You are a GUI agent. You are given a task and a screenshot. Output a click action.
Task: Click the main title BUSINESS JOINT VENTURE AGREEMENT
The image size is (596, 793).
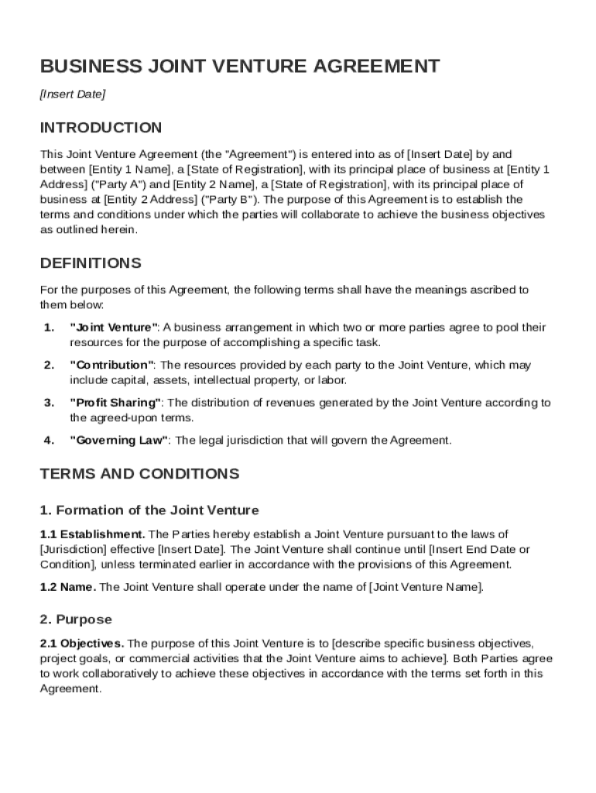pos(240,67)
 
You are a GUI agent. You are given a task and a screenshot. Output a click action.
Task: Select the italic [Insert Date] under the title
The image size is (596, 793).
pos(72,94)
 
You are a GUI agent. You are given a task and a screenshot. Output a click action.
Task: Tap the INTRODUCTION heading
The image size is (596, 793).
pos(101,128)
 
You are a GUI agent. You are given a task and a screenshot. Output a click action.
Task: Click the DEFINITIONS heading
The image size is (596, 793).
pos(91,263)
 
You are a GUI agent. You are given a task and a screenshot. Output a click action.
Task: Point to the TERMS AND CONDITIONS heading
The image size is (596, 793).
pos(139,474)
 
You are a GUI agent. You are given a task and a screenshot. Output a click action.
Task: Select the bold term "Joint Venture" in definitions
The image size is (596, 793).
pos(114,328)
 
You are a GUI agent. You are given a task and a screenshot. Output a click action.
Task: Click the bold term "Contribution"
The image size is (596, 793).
pos(112,366)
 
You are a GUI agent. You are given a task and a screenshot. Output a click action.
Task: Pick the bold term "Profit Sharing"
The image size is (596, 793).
pos(116,403)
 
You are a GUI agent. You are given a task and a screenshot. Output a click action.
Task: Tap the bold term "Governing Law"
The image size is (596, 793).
pos(120,441)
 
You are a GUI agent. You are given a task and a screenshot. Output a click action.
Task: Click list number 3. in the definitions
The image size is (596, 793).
pos(49,403)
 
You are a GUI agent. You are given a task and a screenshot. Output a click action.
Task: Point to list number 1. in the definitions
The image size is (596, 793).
pos(49,328)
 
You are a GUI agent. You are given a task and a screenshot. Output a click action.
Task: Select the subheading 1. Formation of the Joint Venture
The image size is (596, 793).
pos(149,510)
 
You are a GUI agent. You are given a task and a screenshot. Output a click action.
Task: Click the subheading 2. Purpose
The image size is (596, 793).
pos(76,620)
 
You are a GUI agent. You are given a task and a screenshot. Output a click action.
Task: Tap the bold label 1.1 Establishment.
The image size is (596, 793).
pos(92,534)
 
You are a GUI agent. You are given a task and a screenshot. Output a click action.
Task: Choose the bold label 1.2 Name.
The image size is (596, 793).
pos(68,587)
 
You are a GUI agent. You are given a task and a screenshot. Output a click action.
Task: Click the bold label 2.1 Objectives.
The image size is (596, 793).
pos(82,644)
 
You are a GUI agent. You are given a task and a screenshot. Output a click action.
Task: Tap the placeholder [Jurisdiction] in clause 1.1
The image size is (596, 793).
pos(74,549)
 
